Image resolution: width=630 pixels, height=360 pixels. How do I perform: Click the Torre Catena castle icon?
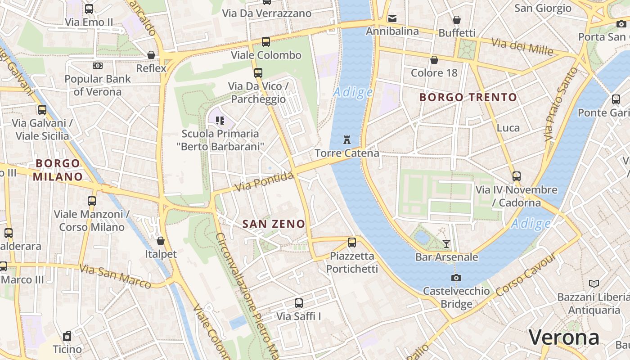tap(346, 139)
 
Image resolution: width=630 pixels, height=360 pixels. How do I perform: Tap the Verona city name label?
tap(564, 337)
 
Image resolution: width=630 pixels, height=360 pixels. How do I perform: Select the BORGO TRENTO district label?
tap(468, 97)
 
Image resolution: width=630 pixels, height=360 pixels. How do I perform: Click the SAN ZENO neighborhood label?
tap(274, 224)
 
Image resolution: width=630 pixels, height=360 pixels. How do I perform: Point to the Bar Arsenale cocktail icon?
tap(446, 244)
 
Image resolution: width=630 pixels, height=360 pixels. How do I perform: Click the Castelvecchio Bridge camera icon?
tap(456, 278)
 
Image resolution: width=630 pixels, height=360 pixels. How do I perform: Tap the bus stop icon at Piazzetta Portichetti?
tap(352, 243)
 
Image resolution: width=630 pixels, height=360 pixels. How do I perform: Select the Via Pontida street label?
tap(264, 181)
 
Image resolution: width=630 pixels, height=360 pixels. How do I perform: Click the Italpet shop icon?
tap(161, 241)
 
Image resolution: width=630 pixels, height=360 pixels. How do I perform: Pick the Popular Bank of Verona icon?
tap(98, 66)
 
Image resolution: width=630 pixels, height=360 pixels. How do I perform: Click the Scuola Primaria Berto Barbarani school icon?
tap(220, 120)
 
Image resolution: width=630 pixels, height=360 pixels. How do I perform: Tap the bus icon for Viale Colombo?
tap(266, 42)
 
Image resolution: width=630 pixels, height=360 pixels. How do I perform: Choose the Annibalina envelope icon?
tap(392, 18)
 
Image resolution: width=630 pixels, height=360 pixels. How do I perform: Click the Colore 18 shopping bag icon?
tap(434, 59)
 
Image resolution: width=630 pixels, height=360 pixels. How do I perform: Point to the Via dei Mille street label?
tap(522, 46)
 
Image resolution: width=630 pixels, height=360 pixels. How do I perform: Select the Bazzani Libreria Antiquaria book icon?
tap(594, 283)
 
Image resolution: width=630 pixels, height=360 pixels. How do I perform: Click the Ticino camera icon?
tap(67, 336)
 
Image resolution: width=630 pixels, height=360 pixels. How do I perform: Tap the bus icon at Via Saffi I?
tap(299, 303)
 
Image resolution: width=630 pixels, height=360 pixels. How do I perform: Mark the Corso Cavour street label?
tap(525, 277)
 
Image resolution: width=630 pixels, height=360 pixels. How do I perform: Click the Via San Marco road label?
tap(115, 276)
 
